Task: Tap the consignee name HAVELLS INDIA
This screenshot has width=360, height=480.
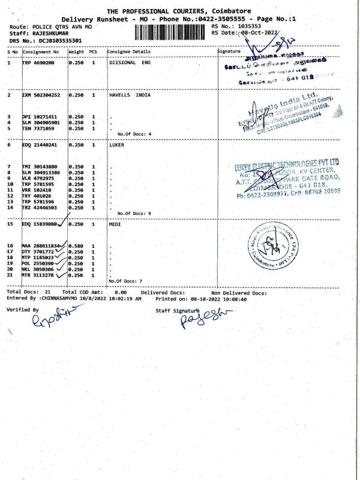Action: [x=130, y=95]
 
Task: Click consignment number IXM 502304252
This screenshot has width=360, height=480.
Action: [x=41, y=95]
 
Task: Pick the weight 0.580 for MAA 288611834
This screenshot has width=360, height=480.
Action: [x=76, y=246]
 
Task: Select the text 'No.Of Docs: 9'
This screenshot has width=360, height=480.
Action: [x=134, y=213]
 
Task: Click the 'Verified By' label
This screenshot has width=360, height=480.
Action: [x=22, y=310]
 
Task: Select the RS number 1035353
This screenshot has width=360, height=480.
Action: [x=251, y=27]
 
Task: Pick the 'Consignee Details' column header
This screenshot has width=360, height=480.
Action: [x=129, y=52]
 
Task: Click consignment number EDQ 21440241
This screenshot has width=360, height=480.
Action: [x=40, y=145]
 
